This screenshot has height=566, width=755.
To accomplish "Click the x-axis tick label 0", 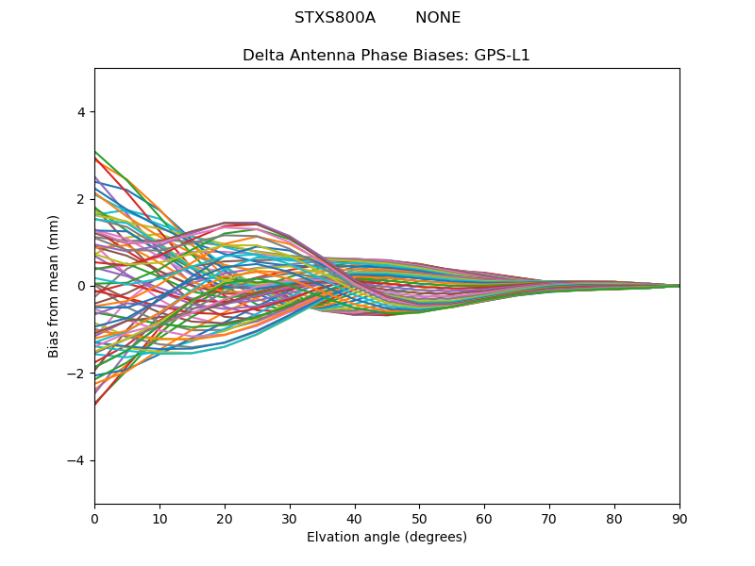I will click(94, 518).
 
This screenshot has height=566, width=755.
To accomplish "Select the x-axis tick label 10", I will click(159, 518).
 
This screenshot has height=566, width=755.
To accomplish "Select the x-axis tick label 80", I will click(614, 518).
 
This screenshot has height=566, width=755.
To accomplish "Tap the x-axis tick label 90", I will click(679, 518).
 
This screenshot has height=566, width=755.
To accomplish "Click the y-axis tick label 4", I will click(80, 112).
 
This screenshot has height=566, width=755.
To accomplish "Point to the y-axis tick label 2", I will click(80, 199).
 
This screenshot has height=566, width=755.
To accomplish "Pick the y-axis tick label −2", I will click(76, 374).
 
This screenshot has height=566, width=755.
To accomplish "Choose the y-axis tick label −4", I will click(76, 460).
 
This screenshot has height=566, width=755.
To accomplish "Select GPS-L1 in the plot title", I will click(502, 56).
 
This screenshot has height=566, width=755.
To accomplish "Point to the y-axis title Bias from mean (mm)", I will click(55, 286).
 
